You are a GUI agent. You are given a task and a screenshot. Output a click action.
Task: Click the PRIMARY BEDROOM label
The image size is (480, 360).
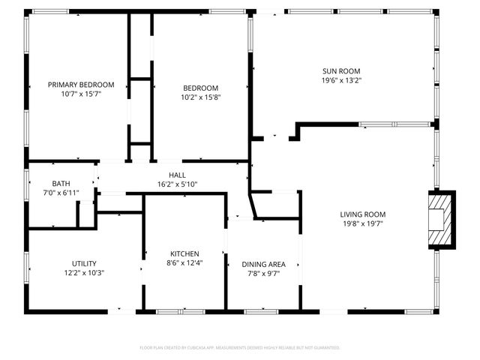(81, 85)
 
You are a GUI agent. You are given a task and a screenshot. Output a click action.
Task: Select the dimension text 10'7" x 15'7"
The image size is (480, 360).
(81, 94)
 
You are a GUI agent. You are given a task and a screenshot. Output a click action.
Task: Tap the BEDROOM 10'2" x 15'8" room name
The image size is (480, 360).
(200, 87)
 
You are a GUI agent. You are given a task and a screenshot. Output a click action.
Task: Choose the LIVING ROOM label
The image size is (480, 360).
(363, 214)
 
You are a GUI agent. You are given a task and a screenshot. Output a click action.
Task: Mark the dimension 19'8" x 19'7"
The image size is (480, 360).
(363, 223)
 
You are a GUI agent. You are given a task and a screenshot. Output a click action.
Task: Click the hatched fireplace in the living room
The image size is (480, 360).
(441, 221)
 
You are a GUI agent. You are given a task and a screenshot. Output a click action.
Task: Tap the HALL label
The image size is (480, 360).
(177, 174)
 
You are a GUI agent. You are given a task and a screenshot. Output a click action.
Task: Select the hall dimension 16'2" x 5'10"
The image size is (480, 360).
(177, 184)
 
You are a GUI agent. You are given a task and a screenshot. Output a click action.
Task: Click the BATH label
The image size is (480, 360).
(61, 184)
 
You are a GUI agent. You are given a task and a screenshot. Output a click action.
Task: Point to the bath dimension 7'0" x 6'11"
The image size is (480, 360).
(61, 193)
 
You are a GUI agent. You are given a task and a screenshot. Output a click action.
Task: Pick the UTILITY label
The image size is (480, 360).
(83, 263)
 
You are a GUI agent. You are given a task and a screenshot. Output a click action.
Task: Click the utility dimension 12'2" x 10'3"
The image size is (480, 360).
(83, 273)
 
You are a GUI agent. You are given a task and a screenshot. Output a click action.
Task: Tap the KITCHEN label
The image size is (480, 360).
(184, 253)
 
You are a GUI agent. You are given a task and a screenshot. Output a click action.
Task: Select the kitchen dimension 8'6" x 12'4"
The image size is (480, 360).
(184, 262)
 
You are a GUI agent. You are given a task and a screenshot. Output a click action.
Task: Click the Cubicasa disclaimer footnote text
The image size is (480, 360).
(240, 348)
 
